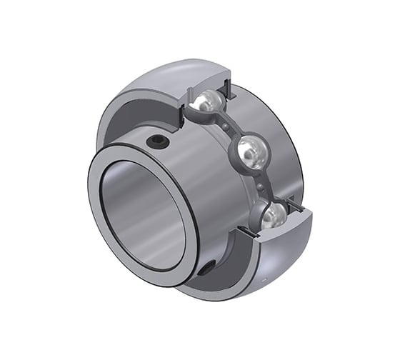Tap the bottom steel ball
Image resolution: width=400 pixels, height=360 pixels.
coord(274,214)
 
